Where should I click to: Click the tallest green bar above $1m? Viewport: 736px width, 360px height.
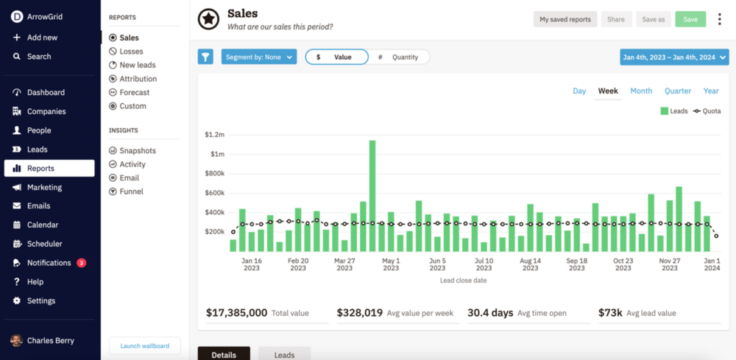point(372,195)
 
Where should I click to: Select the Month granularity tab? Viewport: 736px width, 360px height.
point(641,91)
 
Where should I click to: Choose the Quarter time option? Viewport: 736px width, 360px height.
point(678,91)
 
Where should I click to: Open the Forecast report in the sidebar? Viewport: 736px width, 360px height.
point(134,93)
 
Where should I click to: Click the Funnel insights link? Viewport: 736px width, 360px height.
point(131,191)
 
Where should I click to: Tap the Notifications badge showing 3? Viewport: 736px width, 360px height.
point(81,263)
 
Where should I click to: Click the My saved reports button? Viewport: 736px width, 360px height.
point(565,19)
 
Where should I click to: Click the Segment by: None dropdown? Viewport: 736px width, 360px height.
point(258,57)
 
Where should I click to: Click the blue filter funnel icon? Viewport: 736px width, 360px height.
point(205,57)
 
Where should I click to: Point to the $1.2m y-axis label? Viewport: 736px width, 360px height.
point(215,135)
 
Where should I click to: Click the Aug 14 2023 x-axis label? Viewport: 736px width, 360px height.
point(530,264)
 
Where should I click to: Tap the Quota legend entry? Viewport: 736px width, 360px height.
point(707,111)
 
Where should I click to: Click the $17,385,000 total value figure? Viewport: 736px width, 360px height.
point(236,313)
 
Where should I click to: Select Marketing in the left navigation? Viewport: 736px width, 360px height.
point(44,187)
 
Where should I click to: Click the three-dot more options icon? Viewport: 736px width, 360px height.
point(719,19)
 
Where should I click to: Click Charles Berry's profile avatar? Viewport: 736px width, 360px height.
point(16,341)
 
